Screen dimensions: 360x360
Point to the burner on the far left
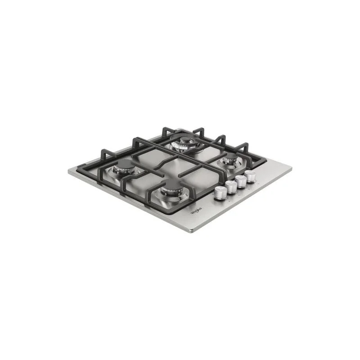pyautogui.click(x=124, y=168)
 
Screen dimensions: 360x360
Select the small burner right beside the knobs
pyautogui.click(x=231, y=160)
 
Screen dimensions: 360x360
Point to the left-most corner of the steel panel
pyautogui.click(x=68, y=171)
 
